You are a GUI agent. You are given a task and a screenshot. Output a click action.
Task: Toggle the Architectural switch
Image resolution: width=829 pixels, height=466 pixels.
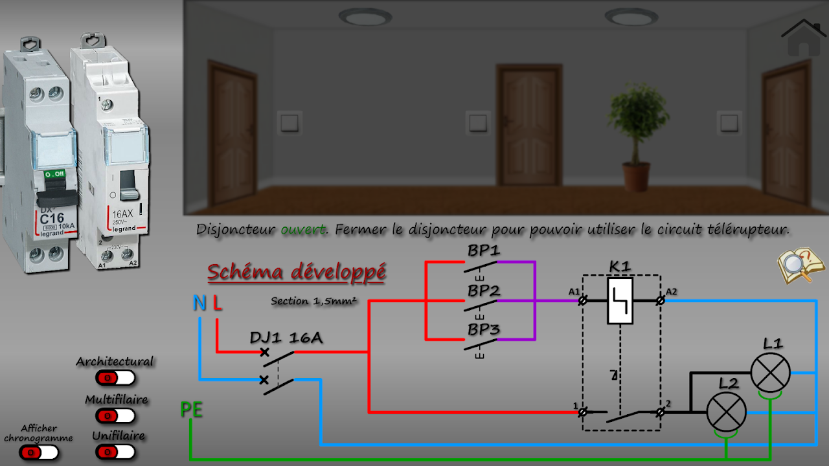tap(115, 377)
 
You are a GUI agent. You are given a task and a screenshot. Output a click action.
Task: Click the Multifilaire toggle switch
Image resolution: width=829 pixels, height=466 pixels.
tap(115, 416)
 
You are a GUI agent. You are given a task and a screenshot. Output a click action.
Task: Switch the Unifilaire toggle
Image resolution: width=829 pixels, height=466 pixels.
tap(115, 451)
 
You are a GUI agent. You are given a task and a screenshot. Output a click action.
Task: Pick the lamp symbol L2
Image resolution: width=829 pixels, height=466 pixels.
tap(725, 411)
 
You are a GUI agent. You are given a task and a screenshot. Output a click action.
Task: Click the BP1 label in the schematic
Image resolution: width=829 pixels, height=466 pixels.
tap(484, 250)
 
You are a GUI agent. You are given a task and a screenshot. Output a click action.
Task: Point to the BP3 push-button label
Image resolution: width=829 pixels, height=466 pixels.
tap(484, 329)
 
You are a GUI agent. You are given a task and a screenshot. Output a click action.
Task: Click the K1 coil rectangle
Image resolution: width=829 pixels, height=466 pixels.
tap(620, 301)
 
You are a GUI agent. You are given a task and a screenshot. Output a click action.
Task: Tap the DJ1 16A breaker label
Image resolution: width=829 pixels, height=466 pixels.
tap(286, 338)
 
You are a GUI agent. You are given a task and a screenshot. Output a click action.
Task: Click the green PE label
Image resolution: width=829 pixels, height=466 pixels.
tap(192, 410)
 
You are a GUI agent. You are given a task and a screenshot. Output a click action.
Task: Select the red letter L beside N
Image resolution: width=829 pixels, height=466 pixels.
tap(218, 303)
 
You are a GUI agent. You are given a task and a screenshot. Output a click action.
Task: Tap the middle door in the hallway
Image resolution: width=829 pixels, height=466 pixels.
tap(529, 124)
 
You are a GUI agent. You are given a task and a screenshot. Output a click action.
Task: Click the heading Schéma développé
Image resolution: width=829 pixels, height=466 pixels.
tap(297, 272)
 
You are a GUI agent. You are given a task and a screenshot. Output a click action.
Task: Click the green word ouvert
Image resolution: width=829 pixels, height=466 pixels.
tap(304, 230)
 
